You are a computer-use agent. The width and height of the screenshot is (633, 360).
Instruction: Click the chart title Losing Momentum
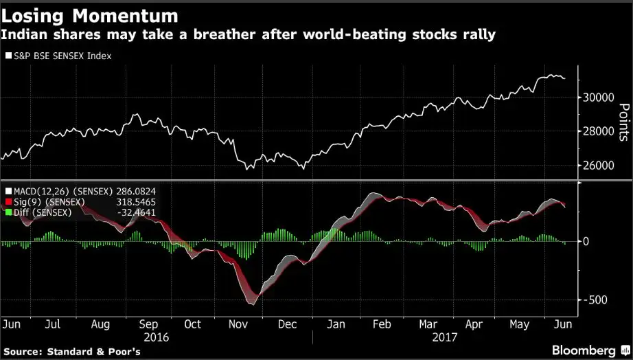click(x=90, y=15)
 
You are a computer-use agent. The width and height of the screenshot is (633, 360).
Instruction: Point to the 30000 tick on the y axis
click(x=597, y=98)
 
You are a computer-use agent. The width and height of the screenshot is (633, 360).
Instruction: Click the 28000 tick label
click(x=597, y=131)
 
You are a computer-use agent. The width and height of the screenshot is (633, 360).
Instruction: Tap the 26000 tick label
click(x=597, y=166)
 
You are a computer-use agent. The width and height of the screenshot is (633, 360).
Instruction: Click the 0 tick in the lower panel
click(x=586, y=242)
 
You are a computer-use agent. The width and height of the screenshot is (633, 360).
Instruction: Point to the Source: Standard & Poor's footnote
click(x=73, y=351)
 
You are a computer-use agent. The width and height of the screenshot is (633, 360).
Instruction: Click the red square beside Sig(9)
click(x=8, y=202)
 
